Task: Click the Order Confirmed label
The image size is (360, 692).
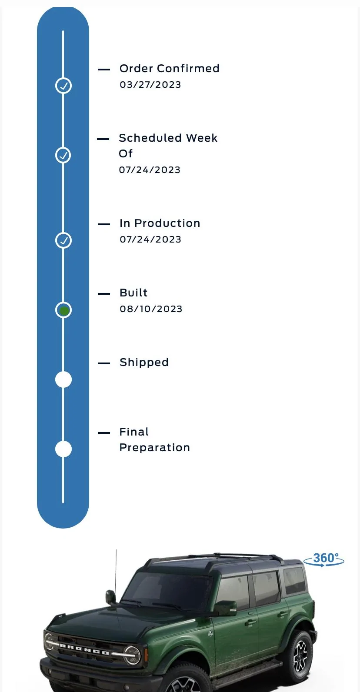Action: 169,69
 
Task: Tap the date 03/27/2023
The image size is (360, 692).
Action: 150,85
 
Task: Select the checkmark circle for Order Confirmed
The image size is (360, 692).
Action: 63,86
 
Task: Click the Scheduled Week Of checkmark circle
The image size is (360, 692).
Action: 63,155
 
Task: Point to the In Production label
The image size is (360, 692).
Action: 160,223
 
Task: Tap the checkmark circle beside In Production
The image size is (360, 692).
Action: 63,240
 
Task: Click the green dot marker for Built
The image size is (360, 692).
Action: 63,310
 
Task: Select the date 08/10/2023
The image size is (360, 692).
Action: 151,309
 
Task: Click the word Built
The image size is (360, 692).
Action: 133,293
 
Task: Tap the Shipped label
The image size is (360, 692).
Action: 144,363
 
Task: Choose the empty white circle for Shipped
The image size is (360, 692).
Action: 63,379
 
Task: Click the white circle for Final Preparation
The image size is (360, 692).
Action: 63,449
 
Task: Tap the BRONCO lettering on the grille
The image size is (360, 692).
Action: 84,649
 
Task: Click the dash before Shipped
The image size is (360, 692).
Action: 104,363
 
